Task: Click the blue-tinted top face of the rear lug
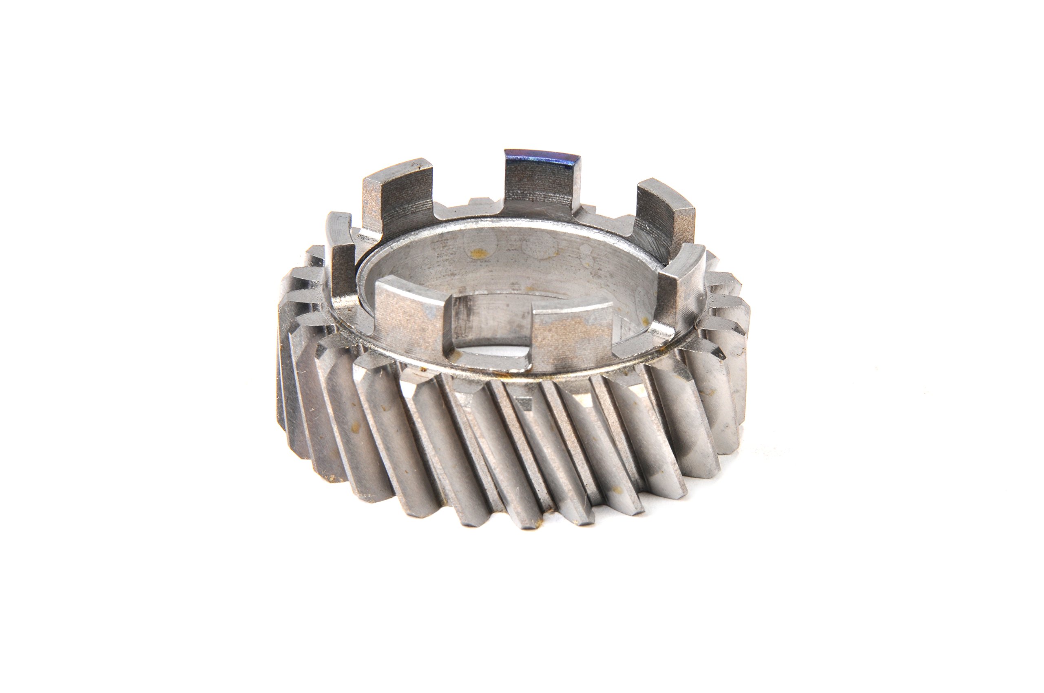pyautogui.click(x=541, y=156)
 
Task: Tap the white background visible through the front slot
pyautogui.click(x=491, y=351)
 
